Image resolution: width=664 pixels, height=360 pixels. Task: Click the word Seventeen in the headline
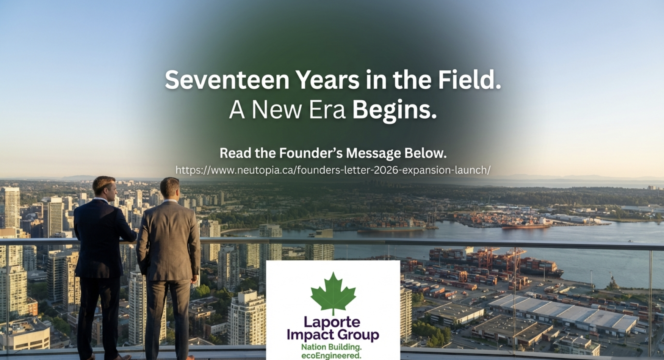coord(227,80)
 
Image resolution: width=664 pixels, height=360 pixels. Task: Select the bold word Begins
coord(394,110)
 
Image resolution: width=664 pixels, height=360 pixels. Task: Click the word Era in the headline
coord(327,110)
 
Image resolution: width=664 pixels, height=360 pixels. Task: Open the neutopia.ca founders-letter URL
coord(333,170)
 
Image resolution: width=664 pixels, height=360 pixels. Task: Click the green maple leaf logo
coord(333,293)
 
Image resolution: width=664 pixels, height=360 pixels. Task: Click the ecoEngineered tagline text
coord(331,355)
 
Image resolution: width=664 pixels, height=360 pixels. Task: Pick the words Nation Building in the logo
coord(331,347)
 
